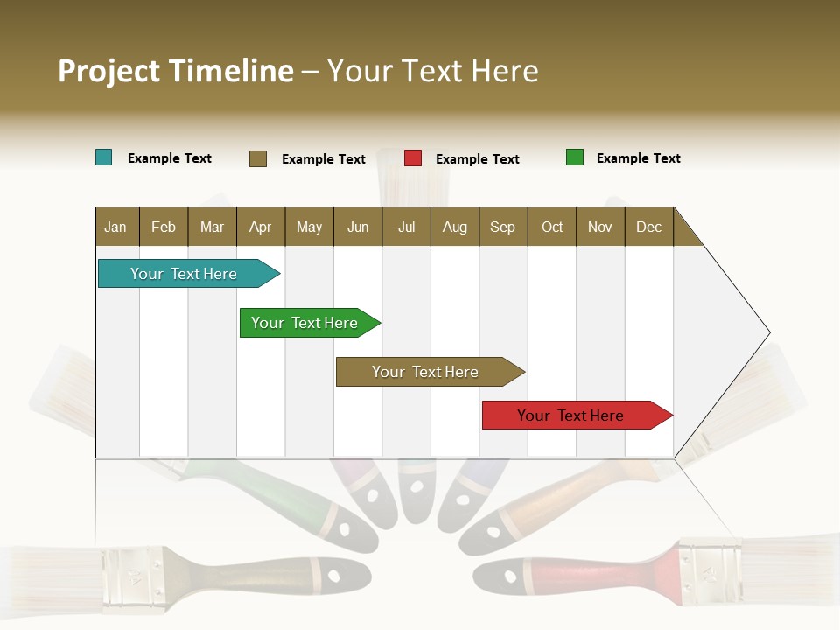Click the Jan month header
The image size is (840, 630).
(115, 227)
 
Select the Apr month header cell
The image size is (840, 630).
(260, 227)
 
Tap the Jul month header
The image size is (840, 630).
(406, 227)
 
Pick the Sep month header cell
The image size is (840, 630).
(502, 227)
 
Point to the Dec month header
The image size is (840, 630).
(648, 227)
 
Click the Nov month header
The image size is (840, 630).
(599, 227)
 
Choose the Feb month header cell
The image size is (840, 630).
(164, 227)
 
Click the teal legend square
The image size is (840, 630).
(104, 157)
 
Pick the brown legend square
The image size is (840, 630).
(258, 158)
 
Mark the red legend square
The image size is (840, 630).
(413, 158)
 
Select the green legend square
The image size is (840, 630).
(575, 157)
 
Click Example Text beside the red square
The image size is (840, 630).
(477, 159)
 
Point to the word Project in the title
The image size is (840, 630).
(108, 71)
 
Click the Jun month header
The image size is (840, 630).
(357, 227)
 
